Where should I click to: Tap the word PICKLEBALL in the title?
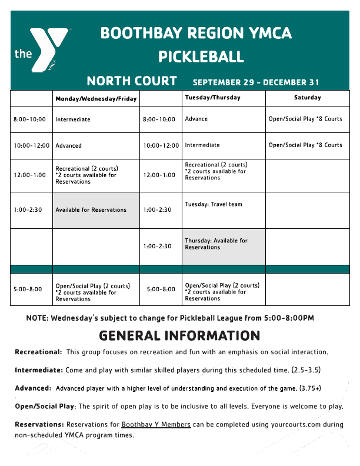click(x=201, y=57)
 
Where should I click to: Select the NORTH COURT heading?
click(x=132, y=81)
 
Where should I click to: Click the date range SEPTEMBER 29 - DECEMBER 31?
click(x=256, y=82)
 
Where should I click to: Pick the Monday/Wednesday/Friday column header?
click(x=96, y=99)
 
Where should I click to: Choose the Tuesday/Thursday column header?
click(x=212, y=98)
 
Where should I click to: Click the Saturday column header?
click(x=307, y=98)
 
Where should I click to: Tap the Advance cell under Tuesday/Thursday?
click(x=196, y=119)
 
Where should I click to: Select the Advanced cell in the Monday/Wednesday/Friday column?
click(x=69, y=145)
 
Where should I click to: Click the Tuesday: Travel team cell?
click(x=214, y=204)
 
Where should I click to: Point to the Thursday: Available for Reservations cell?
click(x=216, y=244)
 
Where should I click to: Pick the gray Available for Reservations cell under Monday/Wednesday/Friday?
click(x=91, y=209)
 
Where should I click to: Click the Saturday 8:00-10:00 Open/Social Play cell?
click(x=305, y=119)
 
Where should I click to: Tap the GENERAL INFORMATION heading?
click(x=179, y=336)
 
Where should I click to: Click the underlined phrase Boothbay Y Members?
click(x=156, y=424)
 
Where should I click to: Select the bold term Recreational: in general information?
click(x=38, y=352)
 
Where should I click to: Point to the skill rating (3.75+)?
click(x=310, y=388)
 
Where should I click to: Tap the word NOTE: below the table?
click(x=37, y=318)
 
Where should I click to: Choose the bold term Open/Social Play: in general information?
click(x=45, y=407)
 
